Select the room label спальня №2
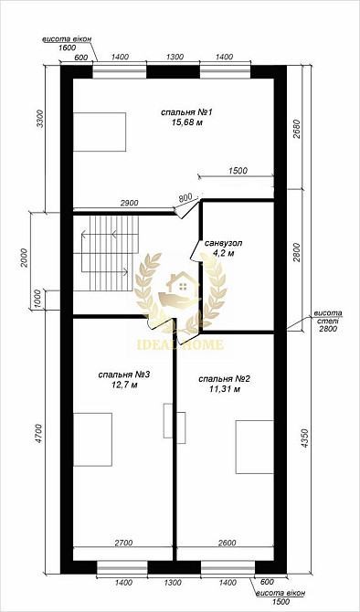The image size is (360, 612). (x=224, y=378)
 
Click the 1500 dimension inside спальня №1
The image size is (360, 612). (x=237, y=171)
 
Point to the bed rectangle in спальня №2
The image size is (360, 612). (x=255, y=447)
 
